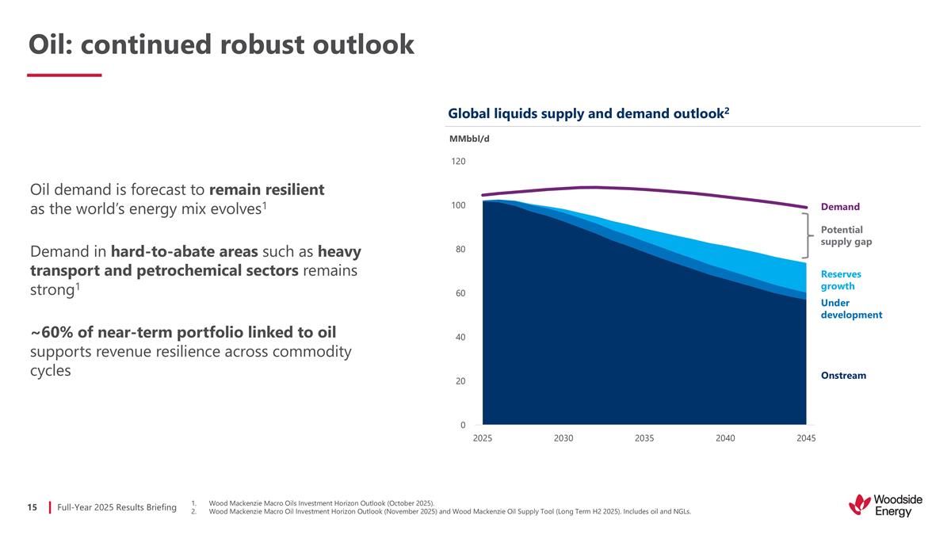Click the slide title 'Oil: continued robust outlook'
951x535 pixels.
(221, 45)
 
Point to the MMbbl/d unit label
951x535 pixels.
(469, 139)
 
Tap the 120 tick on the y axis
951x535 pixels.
(458, 162)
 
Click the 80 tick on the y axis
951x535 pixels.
(460, 250)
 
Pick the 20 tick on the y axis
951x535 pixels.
(460, 381)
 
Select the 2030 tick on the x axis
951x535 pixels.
(563, 438)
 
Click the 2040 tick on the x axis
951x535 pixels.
(725, 438)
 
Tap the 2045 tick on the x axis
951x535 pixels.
(806, 438)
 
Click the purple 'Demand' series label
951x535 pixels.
(840, 208)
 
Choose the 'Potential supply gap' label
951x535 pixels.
(846, 235)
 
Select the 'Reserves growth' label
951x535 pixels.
(841, 280)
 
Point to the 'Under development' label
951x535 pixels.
(851, 308)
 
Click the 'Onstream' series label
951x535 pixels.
(843, 376)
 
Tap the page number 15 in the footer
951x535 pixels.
(32, 506)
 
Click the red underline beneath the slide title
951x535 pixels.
(64, 75)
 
